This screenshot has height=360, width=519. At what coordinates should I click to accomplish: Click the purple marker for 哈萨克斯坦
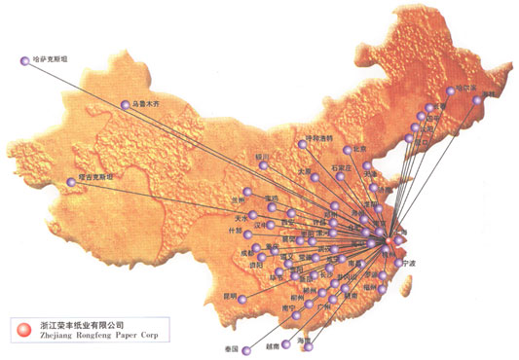tap(24, 61)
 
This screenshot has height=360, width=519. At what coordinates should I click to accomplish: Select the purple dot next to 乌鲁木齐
tap(125, 104)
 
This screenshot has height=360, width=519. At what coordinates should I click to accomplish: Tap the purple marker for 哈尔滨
tap(450, 90)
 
